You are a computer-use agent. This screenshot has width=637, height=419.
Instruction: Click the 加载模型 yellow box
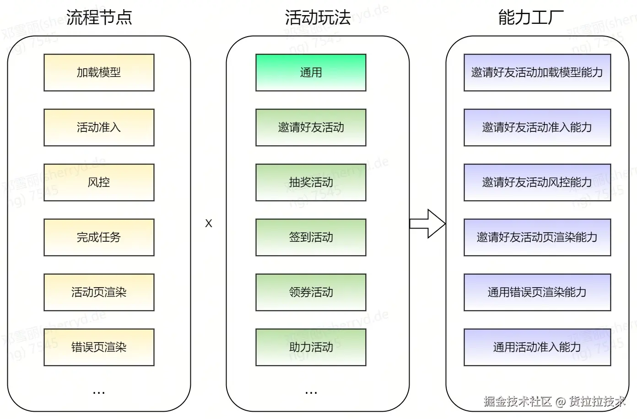(99, 72)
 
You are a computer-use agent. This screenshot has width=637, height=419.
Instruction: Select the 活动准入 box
(99, 127)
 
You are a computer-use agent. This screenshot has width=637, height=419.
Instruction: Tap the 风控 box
(99, 182)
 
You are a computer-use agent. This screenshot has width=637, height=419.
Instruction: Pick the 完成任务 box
(99, 237)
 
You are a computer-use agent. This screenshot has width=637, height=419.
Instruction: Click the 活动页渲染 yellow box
(99, 292)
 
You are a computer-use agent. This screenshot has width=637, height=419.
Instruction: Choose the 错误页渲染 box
(99, 347)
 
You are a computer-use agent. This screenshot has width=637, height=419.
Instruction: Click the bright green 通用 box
(311, 72)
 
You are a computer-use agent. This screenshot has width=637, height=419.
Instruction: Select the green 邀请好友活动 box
(311, 127)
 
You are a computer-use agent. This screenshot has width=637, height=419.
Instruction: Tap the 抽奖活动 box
(311, 182)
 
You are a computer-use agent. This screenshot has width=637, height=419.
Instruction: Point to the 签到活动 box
(311, 237)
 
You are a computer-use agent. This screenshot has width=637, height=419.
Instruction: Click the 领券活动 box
(311, 292)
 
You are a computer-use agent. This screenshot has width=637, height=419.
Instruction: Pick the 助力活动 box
(311, 347)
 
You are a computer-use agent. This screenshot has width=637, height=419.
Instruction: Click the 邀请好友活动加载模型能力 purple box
(537, 72)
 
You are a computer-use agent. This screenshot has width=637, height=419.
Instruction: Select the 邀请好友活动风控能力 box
(537, 182)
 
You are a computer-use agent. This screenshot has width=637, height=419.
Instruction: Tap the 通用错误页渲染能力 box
(537, 292)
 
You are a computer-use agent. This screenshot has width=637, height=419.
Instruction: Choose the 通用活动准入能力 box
(537, 347)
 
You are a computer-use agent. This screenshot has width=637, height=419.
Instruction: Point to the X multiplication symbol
(209, 223)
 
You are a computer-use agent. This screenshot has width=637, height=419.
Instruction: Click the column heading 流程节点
(99, 17)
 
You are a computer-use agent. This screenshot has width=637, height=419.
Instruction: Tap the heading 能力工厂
(531, 17)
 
